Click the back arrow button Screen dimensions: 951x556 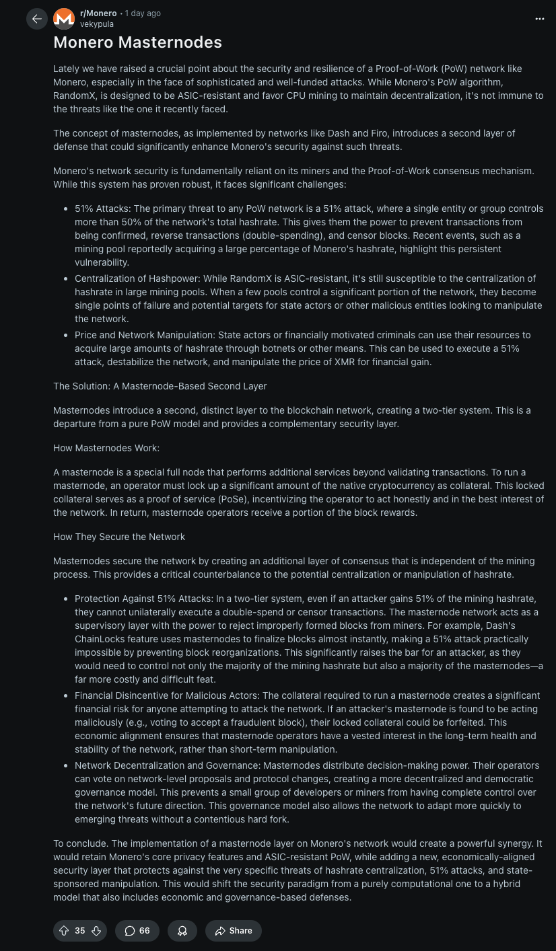pyautogui.click(x=37, y=19)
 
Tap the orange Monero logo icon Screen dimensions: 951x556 pyautogui.click(x=64, y=19)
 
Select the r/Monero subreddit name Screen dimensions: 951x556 pyautogui.click(x=98, y=13)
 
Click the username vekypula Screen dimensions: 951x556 pyautogui.click(x=97, y=24)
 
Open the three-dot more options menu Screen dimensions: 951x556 pyautogui.click(x=539, y=19)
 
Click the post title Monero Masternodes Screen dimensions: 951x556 pyautogui.click(x=137, y=42)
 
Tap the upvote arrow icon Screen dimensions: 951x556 pyautogui.click(x=65, y=931)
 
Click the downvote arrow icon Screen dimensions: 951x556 pyautogui.click(x=96, y=931)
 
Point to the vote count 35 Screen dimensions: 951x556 pyautogui.click(x=80, y=931)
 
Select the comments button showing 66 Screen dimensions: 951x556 pyautogui.click(x=137, y=931)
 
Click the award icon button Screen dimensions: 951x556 pyautogui.click(x=182, y=931)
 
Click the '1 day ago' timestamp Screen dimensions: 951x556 pyautogui.click(x=143, y=13)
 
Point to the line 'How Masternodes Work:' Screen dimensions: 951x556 pyautogui.click(x=106, y=448)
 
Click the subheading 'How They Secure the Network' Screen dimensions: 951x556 pyautogui.click(x=119, y=537)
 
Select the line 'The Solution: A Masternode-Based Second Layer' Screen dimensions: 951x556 pyautogui.click(x=160, y=386)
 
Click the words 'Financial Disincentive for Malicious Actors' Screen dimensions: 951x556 pyautogui.click(x=166, y=695)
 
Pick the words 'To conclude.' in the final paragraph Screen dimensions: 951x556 pyautogui.click(x=80, y=843)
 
